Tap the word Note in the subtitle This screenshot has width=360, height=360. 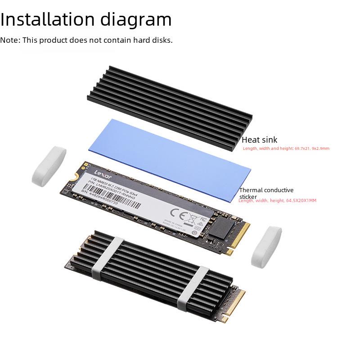9,40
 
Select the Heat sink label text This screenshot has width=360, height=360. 260,140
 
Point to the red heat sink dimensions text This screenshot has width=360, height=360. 286,148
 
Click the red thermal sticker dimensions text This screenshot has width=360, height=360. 277,201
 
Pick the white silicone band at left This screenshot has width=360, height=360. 49,165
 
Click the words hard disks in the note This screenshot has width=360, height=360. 155,40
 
